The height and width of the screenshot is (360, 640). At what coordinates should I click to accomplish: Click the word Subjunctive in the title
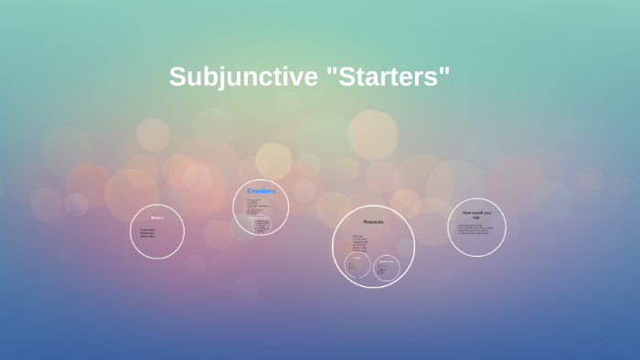pyautogui.click(x=242, y=78)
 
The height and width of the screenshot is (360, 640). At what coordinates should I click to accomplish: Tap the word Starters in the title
pyautogui.click(x=388, y=78)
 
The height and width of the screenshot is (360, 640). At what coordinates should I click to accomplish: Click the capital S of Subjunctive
pyautogui.click(x=178, y=78)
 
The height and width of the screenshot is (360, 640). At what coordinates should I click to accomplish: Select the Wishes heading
pyautogui.click(x=156, y=217)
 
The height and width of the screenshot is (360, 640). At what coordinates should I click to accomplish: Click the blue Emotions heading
pyautogui.click(x=261, y=190)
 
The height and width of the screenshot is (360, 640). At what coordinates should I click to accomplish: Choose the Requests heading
pyautogui.click(x=373, y=221)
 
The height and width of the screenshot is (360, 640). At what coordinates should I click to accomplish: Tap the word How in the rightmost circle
pyautogui.click(x=466, y=212)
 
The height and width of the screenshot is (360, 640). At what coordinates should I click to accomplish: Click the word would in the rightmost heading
pyautogui.click(x=478, y=212)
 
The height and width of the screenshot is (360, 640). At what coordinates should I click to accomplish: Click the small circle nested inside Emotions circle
pyautogui.click(x=261, y=225)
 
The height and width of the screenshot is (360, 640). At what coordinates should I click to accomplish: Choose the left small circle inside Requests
pyautogui.click(x=357, y=267)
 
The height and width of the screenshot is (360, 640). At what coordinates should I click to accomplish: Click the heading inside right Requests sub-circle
pyautogui.click(x=387, y=260)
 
